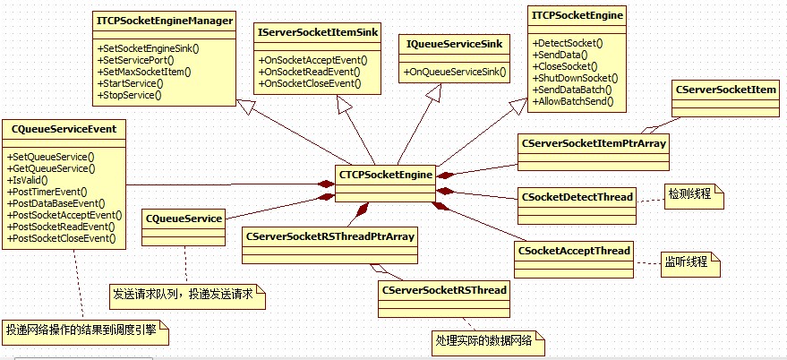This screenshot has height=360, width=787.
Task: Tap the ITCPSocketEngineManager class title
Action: [x=164, y=19]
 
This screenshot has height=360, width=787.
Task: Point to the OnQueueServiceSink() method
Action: [x=457, y=71]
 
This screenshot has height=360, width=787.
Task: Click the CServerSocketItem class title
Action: [x=726, y=90]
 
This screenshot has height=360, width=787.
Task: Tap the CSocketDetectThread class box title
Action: [x=577, y=196]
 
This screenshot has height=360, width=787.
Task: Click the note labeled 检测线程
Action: [x=692, y=194]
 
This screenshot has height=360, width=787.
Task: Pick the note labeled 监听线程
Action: [x=688, y=262]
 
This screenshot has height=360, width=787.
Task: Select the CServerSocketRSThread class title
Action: [x=444, y=290]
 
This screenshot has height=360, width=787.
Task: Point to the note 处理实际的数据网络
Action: [x=484, y=342]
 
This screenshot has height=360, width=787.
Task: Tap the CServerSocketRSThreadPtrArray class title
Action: [x=329, y=236]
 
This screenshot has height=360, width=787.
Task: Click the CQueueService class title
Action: [x=184, y=218]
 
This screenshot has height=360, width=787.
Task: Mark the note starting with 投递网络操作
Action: [x=84, y=330]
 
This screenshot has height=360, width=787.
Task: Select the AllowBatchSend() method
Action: [x=573, y=101]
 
